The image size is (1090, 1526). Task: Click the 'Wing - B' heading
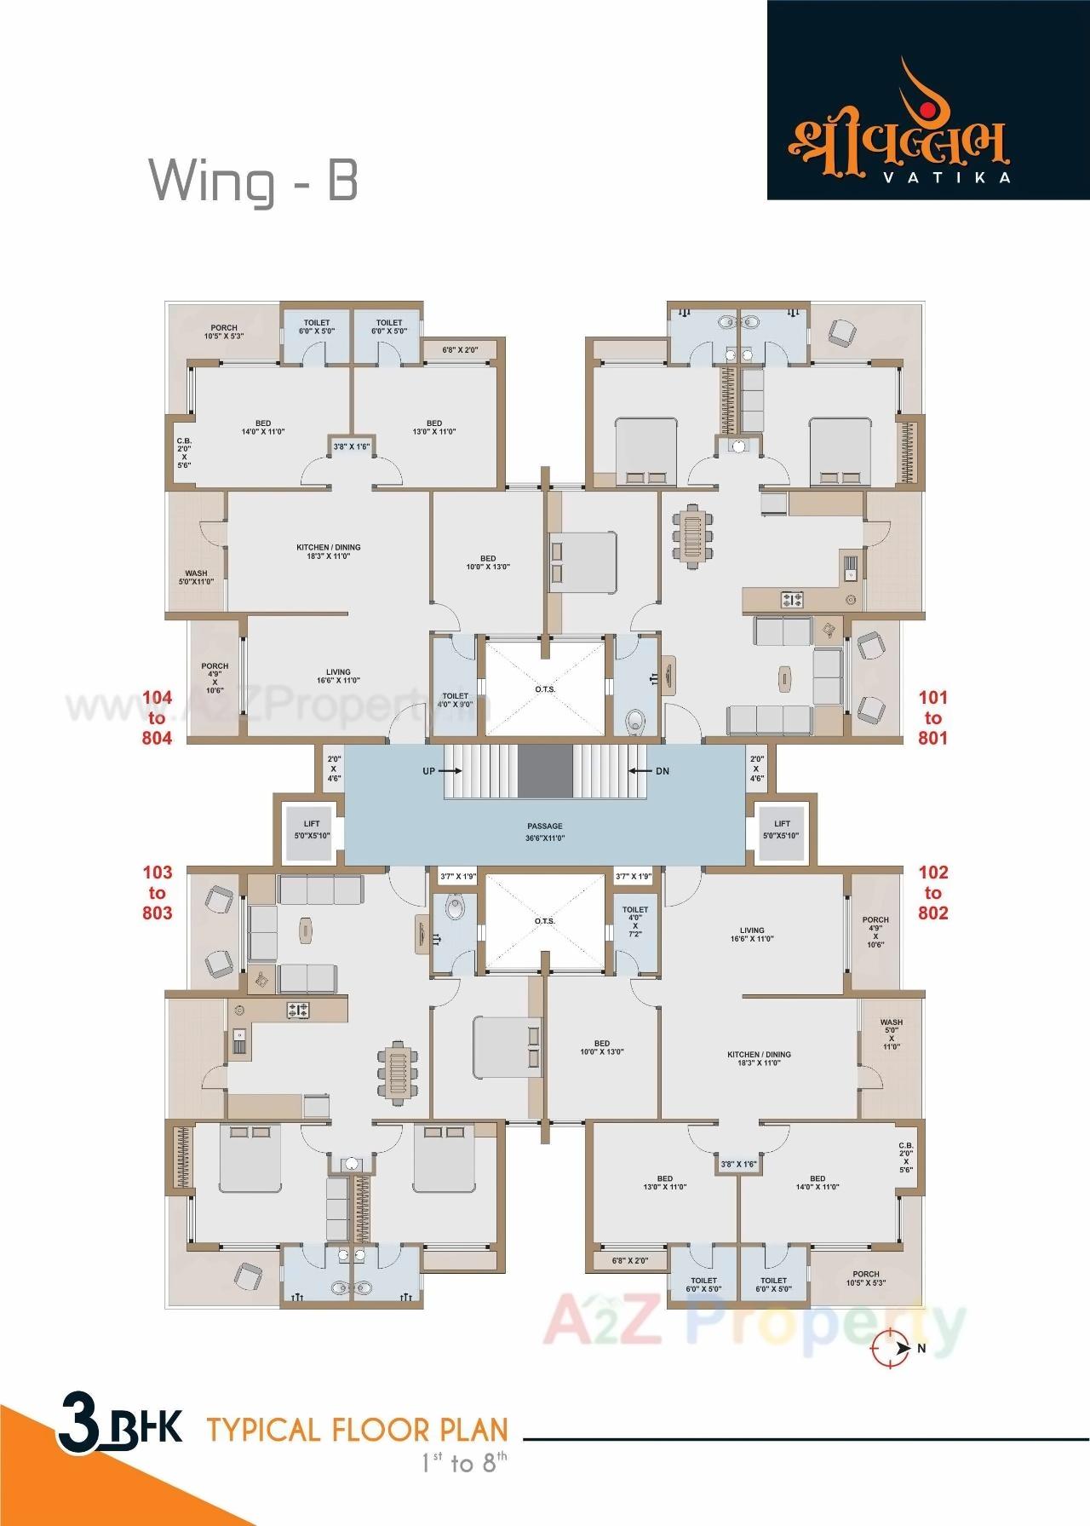pos(254,181)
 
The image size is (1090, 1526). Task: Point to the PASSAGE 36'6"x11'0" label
pos(545,832)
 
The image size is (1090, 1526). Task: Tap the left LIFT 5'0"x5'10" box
pos(312,830)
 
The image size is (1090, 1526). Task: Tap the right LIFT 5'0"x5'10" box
pos(782,830)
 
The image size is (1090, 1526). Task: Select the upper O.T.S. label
pos(545,688)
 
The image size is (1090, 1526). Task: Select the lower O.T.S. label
pos(545,921)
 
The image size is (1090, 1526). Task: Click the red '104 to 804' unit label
pos(157,717)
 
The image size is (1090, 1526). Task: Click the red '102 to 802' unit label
pos(932,892)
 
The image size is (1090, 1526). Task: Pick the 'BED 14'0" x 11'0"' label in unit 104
pos(262,428)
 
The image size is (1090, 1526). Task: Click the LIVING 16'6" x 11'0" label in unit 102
pos(751,935)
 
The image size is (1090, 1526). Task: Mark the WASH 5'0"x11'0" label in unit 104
pos(196,577)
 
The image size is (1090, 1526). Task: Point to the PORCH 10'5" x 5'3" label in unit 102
pos(865,1278)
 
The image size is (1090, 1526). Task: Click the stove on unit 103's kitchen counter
pos(298,1010)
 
